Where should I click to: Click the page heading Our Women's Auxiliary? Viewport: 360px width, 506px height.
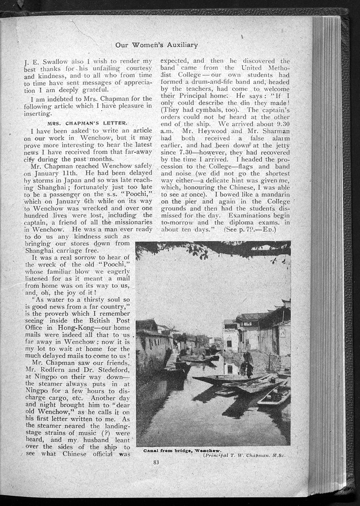(157, 45)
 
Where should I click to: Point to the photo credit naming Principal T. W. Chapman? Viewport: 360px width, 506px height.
(247, 455)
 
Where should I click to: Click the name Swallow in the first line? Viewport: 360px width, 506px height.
(54, 61)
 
